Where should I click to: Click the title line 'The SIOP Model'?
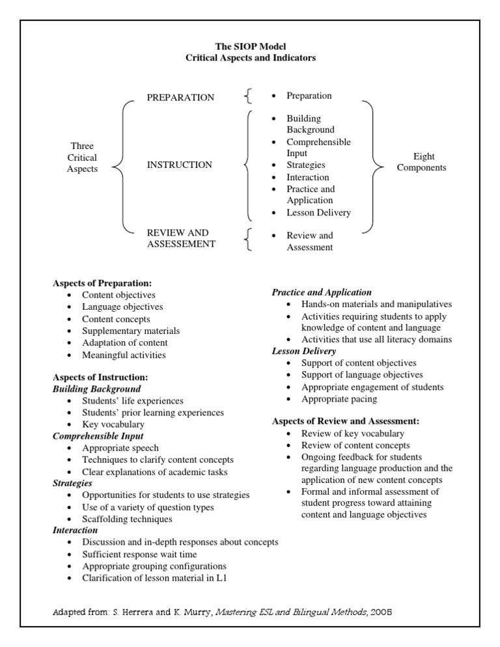coord(251,46)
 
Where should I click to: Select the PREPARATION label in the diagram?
coord(180,98)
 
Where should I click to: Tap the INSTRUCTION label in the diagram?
coord(179,165)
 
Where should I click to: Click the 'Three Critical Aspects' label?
coord(82,158)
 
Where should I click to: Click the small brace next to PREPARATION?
coord(247,97)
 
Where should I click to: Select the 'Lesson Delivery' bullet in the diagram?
coord(318,212)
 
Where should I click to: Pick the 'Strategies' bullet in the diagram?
coord(305,165)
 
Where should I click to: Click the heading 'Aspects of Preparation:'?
coord(102,283)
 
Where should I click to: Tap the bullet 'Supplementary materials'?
coord(131,331)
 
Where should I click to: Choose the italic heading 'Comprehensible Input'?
coord(98,436)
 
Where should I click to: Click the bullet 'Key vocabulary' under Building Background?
coord(113,424)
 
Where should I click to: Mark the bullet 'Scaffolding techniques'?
coord(127,519)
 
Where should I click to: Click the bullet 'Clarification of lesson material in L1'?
coord(154,577)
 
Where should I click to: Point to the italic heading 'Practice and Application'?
coord(322,292)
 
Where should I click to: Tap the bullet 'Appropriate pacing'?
coord(339,398)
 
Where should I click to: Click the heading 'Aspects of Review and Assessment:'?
coord(345,421)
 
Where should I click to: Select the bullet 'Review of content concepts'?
coord(355,445)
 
